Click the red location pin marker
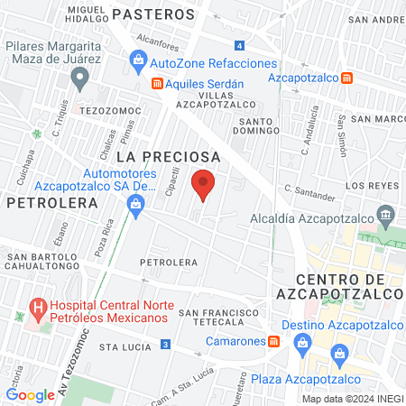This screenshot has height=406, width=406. [204, 185]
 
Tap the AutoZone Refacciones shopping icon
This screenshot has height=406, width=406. [137, 63]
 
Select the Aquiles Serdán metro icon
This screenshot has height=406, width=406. [157, 84]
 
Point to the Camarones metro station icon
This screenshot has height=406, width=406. [272, 341]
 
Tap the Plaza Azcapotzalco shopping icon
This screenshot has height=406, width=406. [339, 354]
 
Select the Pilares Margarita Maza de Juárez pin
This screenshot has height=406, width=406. [80, 80]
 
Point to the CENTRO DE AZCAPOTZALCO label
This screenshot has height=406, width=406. [348, 287]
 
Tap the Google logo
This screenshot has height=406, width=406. [30, 395]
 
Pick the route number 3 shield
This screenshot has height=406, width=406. [165, 344]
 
